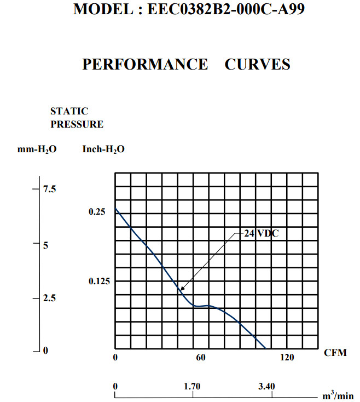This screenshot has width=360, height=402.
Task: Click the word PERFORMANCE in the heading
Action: (x=145, y=64)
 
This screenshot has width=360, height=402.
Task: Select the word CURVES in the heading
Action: (x=257, y=64)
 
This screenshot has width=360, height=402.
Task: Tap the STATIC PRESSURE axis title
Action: (x=77, y=118)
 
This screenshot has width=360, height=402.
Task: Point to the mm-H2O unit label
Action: (x=37, y=149)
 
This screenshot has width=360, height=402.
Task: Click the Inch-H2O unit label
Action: (x=103, y=149)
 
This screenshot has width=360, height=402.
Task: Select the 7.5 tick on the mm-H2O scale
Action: (x=50, y=189)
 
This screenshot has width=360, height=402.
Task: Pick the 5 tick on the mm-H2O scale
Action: (x=47, y=245)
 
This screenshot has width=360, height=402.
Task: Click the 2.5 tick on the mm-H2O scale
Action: (x=50, y=299)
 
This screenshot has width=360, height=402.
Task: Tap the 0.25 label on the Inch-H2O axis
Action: (x=96, y=211)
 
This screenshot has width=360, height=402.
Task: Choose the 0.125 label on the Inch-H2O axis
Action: (x=99, y=282)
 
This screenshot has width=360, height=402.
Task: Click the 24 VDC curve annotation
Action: (x=261, y=233)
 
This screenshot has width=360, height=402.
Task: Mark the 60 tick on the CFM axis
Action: (x=201, y=358)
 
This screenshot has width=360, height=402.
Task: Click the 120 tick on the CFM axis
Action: (x=287, y=358)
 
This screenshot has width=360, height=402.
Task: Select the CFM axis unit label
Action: (x=335, y=353)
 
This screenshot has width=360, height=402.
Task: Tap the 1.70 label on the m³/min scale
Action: (x=193, y=387)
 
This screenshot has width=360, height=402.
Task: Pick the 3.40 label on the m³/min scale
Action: (x=266, y=387)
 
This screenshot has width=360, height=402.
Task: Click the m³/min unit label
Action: (x=338, y=395)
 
